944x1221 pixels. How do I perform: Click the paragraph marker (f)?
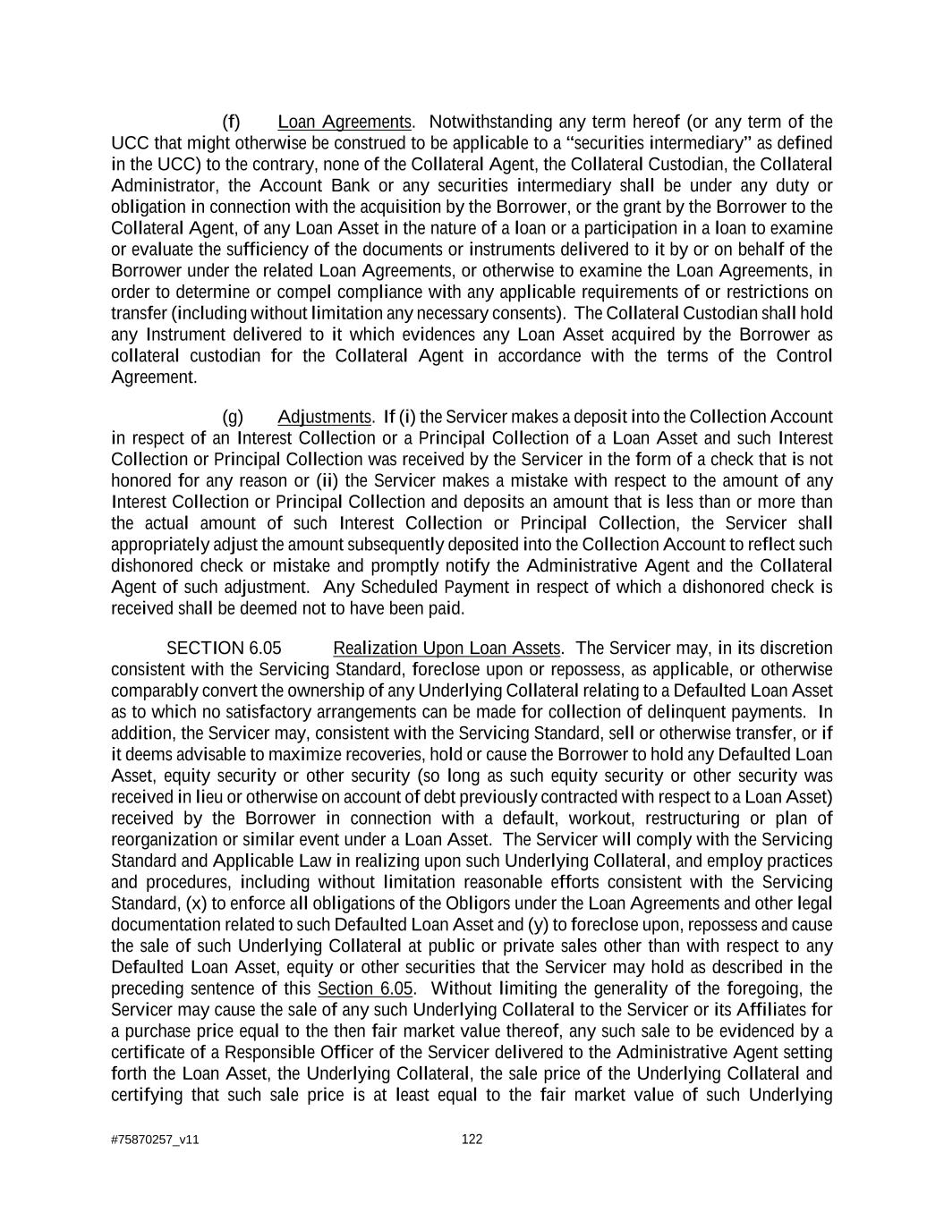point(231,123)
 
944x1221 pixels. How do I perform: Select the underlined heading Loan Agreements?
point(344,123)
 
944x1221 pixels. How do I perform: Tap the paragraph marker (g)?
point(233,418)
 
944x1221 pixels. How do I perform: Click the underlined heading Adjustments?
point(324,418)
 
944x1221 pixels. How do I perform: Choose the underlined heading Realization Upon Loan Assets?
point(446,649)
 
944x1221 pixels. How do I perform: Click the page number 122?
point(472,1139)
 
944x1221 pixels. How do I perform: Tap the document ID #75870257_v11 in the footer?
point(155,1140)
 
